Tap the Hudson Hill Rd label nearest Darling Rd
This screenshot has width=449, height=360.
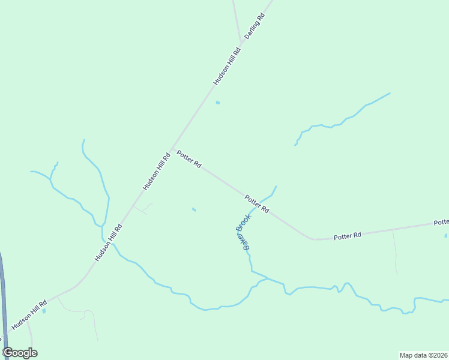point(227,65)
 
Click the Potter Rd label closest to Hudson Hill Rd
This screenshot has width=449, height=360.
point(188,160)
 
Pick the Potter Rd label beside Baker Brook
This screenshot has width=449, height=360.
point(256,204)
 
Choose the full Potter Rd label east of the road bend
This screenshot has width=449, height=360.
point(348,236)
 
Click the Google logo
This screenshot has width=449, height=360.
point(20,353)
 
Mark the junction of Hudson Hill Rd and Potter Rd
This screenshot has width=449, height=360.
point(173,149)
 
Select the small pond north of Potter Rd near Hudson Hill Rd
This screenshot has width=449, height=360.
point(218,103)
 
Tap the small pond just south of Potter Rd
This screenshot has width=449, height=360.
point(193,209)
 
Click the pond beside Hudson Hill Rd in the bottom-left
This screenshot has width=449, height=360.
point(44,311)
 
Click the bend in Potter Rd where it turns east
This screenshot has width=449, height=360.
point(312,239)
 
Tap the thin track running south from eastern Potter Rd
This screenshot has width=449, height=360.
point(395,252)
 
